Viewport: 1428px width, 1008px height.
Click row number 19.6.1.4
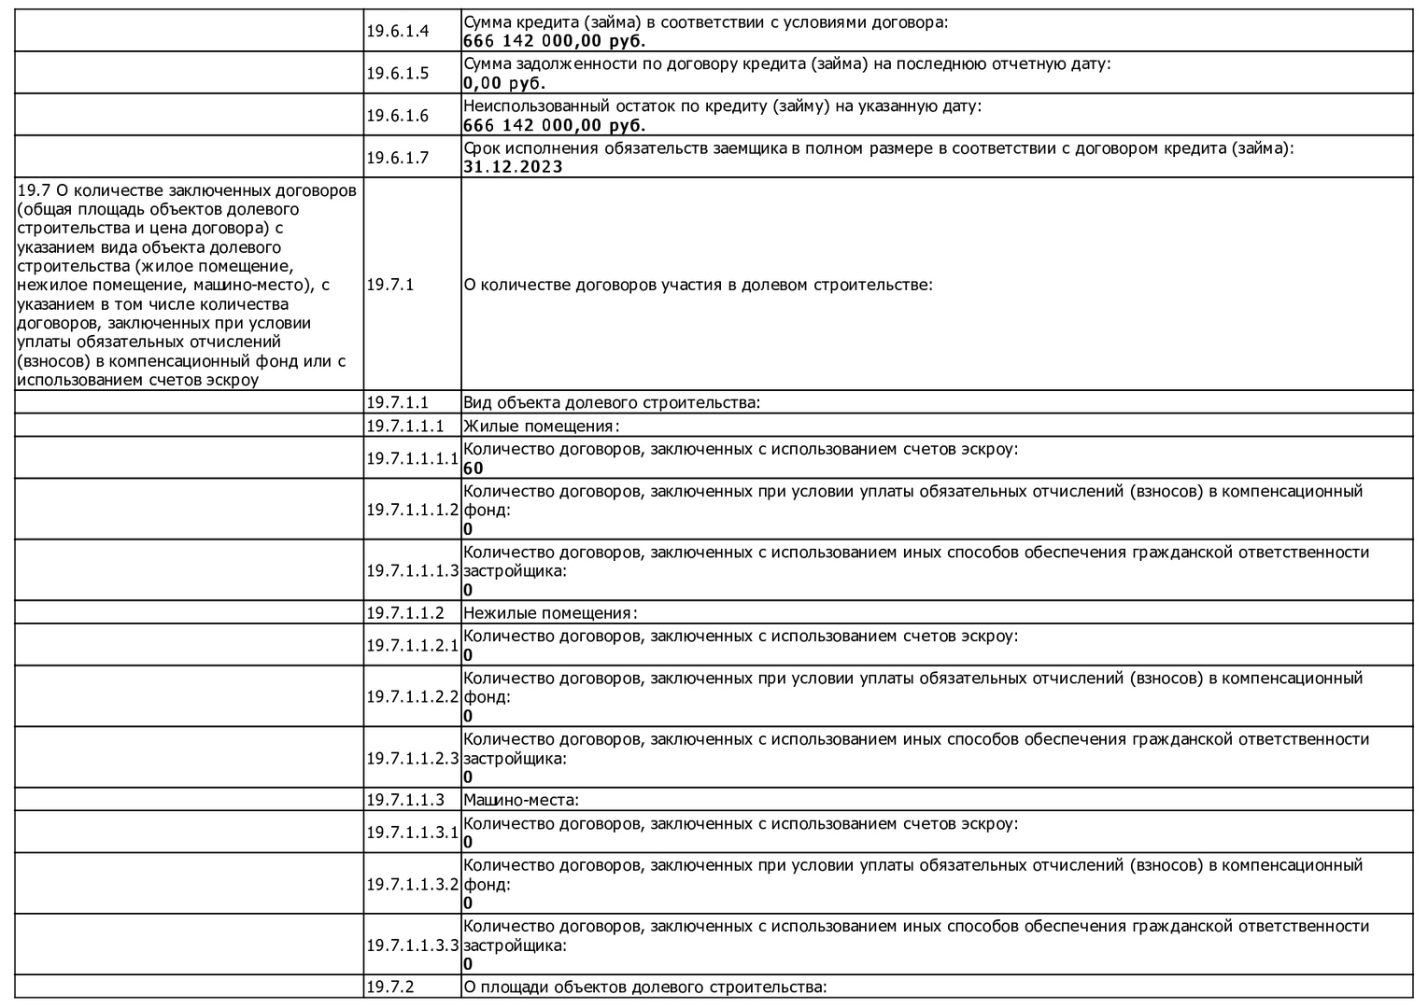pos(397,31)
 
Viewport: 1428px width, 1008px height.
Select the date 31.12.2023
pos(513,167)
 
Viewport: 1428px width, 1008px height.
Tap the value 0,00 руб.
pos(503,83)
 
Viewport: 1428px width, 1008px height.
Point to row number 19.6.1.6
pos(397,116)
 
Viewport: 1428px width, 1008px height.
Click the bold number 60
pos(474,468)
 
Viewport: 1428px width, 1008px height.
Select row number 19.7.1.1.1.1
pos(412,458)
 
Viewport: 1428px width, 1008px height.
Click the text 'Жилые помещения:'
pos(542,427)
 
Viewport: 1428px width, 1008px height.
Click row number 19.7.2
pos(389,987)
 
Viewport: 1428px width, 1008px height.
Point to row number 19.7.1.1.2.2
pos(412,696)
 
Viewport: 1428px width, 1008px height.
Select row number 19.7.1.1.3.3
pos(412,945)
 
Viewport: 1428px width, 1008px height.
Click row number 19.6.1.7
pos(397,158)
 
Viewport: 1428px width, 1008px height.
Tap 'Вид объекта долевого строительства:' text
pos(612,403)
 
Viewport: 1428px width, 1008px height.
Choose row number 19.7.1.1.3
pos(404,800)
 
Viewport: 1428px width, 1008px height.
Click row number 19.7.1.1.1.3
pos(412,570)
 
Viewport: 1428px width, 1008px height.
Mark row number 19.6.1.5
pos(397,74)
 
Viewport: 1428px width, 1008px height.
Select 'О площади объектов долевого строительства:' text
pos(645,987)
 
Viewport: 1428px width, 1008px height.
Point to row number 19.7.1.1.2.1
pos(412,645)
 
